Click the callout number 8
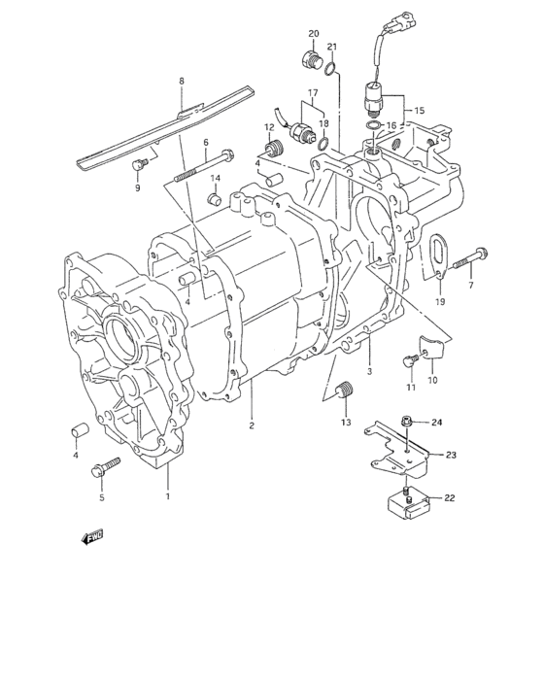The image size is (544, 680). pyautogui.click(x=182, y=83)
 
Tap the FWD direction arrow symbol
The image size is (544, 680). pyautogui.click(x=92, y=536)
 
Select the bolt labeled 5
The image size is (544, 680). pyautogui.click(x=101, y=471)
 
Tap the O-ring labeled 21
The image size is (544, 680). pyautogui.click(x=330, y=68)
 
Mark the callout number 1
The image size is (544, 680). pyautogui.click(x=168, y=497)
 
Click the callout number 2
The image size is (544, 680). pyautogui.click(x=250, y=425)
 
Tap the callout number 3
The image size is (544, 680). pyautogui.click(x=369, y=371)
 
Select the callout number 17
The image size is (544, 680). pyautogui.click(x=312, y=94)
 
